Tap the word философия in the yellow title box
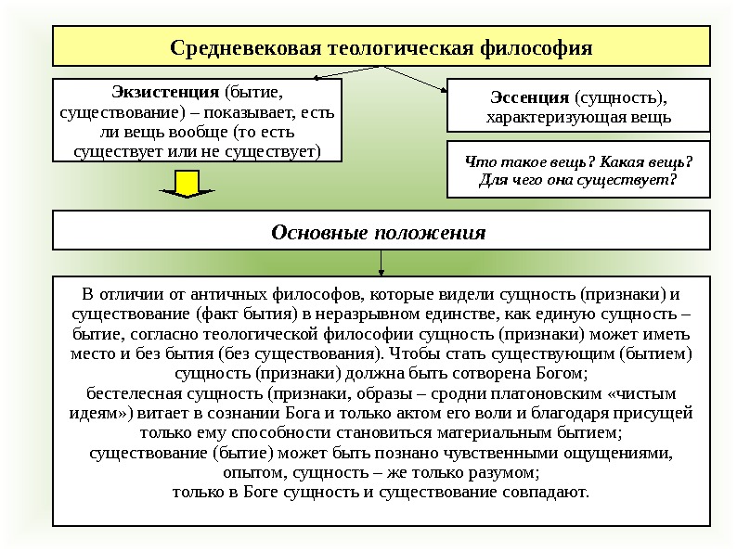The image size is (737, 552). click(x=539, y=46)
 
